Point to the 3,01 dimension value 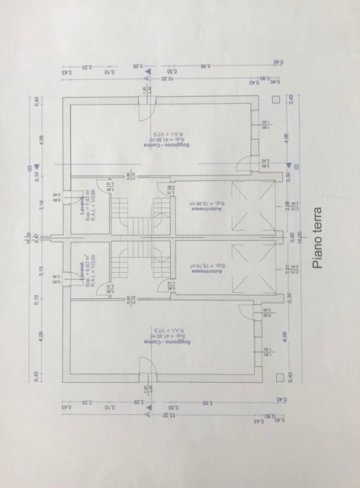(288, 268)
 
